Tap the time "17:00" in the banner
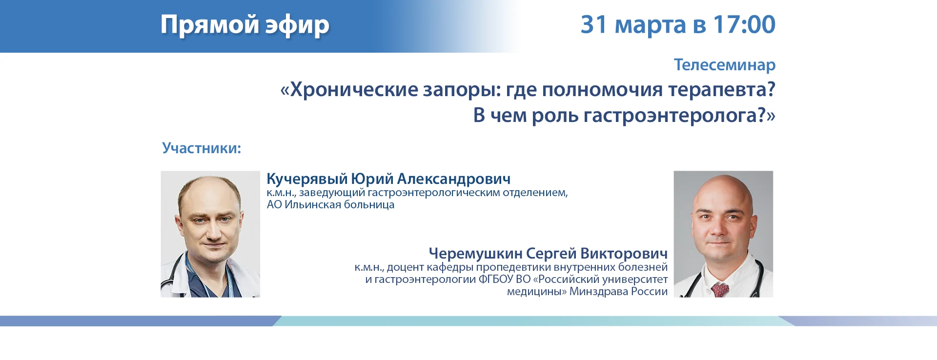[744, 24]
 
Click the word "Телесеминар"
[725, 65]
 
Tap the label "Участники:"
[202, 148]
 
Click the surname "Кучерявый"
[307, 179]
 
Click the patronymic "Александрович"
[454, 179]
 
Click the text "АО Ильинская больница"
[330, 205]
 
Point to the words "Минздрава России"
[618, 292]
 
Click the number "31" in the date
[593, 24]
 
